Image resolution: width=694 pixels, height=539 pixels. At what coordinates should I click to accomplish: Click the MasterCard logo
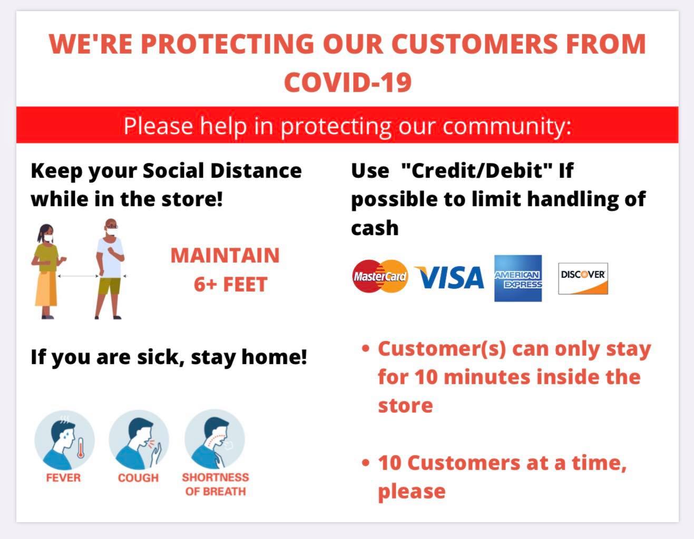pyautogui.click(x=380, y=276)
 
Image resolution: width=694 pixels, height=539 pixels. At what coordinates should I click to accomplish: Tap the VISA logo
pyautogui.click(x=449, y=277)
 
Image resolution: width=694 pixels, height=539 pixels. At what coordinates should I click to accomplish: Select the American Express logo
pyautogui.click(x=518, y=278)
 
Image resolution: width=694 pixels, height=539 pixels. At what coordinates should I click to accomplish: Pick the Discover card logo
pyautogui.click(x=583, y=278)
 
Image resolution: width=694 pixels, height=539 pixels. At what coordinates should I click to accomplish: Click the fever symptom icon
pyautogui.click(x=64, y=440)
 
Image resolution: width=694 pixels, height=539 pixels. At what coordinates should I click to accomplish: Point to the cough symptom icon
pyautogui.click(x=139, y=440)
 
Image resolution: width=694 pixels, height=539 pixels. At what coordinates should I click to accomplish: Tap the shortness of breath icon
pyautogui.click(x=214, y=439)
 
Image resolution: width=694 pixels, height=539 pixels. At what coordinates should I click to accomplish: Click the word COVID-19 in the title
pyautogui.click(x=348, y=82)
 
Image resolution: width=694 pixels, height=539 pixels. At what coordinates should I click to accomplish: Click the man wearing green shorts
pyautogui.click(x=110, y=269)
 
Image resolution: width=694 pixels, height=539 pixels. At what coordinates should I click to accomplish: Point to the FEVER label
pyautogui.click(x=63, y=478)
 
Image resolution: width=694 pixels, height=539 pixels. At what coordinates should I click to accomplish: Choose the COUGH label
pyautogui.click(x=138, y=478)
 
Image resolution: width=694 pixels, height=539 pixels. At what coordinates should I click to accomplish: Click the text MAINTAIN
pyautogui.click(x=225, y=255)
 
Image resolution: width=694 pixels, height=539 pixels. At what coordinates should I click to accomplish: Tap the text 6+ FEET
pyautogui.click(x=231, y=284)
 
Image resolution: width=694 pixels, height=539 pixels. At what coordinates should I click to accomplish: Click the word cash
pyautogui.click(x=375, y=228)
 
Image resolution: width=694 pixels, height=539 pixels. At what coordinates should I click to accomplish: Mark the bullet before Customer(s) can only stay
pyautogui.click(x=366, y=348)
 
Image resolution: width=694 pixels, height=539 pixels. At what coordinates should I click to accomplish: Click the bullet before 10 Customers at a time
pyautogui.click(x=366, y=463)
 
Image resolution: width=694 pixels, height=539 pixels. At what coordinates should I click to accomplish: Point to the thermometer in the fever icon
pyautogui.click(x=81, y=448)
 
